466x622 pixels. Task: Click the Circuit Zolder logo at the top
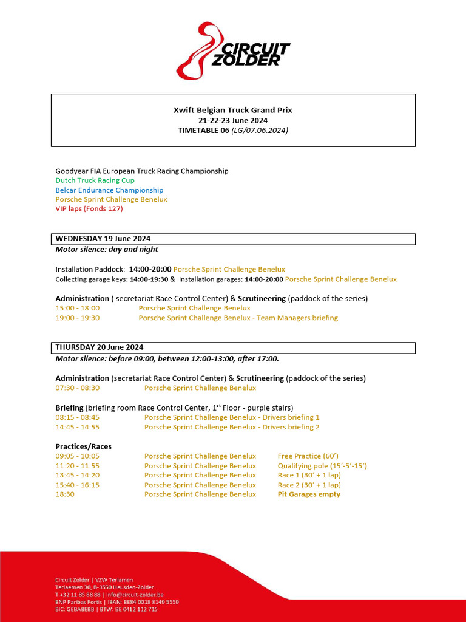pyautogui.click(x=233, y=51)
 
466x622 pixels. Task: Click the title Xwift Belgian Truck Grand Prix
pyautogui.click(x=232, y=110)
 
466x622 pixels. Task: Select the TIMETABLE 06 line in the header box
pyautogui.click(x=232, y=130)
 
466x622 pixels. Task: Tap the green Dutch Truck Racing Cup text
pyautogui.click(x=95, y=180)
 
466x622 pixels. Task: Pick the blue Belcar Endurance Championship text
pyautogui.click(x=109, y=190)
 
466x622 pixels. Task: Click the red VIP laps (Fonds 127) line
pyautogui.click(x=89, y=209)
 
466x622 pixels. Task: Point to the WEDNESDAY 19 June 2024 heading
pyautogui.click(x=103, y=239)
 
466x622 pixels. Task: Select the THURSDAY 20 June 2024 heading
pyautogui.click(x=100, y=347)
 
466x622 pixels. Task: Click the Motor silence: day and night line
pyautogui.click(x=107, y=250)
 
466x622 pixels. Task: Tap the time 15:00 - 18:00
pyautogui.click(x=77, y=308)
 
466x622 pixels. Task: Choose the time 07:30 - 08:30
pyautogui.click(x=77, y=388)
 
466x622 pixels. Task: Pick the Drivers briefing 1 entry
pyautogui.click(x=231, y=417)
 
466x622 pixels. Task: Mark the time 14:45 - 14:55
pyautogui.click(x=77, y=427)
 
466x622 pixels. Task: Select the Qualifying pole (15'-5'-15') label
pyautogui.click(x=322, y=466)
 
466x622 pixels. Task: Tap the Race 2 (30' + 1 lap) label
pyautogui.click(x=309, y=485)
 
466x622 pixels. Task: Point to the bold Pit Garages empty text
pyautogui.click(x=309, y=494)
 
